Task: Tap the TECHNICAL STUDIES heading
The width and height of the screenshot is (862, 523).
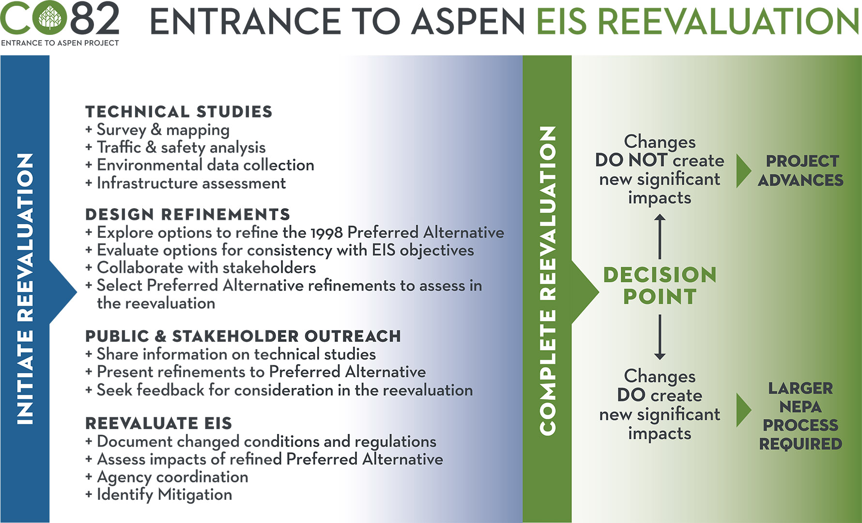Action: pyautogui.click(x=179, y=112)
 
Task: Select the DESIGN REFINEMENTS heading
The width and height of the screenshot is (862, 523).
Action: pyautogui.click(x=187, y=215)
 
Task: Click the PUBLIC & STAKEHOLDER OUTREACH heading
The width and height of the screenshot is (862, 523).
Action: pyautogui.click(x=243, y=336)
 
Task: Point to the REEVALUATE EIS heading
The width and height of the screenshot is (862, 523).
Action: pyautogui.click(x=158, y=423)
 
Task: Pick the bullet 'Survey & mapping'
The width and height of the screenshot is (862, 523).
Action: pyautogui.click(x=163, y=130)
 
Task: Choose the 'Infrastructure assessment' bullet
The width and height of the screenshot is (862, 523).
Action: pyautogui.click(x=191, y=184)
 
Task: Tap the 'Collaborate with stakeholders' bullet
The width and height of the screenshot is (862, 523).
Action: pyautogui.click(x=206, y=268)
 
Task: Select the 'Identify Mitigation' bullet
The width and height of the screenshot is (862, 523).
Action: pyautogui.click(x=164, y=494)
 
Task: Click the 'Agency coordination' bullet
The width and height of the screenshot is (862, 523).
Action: pyautogui.click(x=172, y=477)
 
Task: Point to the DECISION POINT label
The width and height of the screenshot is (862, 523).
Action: pyautogui.click(x=660, y=286)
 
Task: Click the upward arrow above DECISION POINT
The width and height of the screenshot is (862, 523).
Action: pyautogui.click(x=660, y=237)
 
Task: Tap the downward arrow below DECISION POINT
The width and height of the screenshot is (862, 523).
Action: pyautogui.click(x=660, y=337)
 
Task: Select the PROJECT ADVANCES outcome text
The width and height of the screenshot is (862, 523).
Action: pyautogui.click(x=800, y=170)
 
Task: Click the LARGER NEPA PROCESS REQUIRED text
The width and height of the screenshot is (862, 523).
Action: pyautogui.click(x=800, y=416)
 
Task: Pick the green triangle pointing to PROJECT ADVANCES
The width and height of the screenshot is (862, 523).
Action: pyautogui.click(x=743, y=171)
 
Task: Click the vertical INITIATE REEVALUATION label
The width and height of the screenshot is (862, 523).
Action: pyautogui.click(x=25, y=289)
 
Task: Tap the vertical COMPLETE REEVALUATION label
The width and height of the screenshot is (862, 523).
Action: pyautogui.click(x=547, y=281)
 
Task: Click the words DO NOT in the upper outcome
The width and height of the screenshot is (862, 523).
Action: pyautogui.click(x=631, y=160)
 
